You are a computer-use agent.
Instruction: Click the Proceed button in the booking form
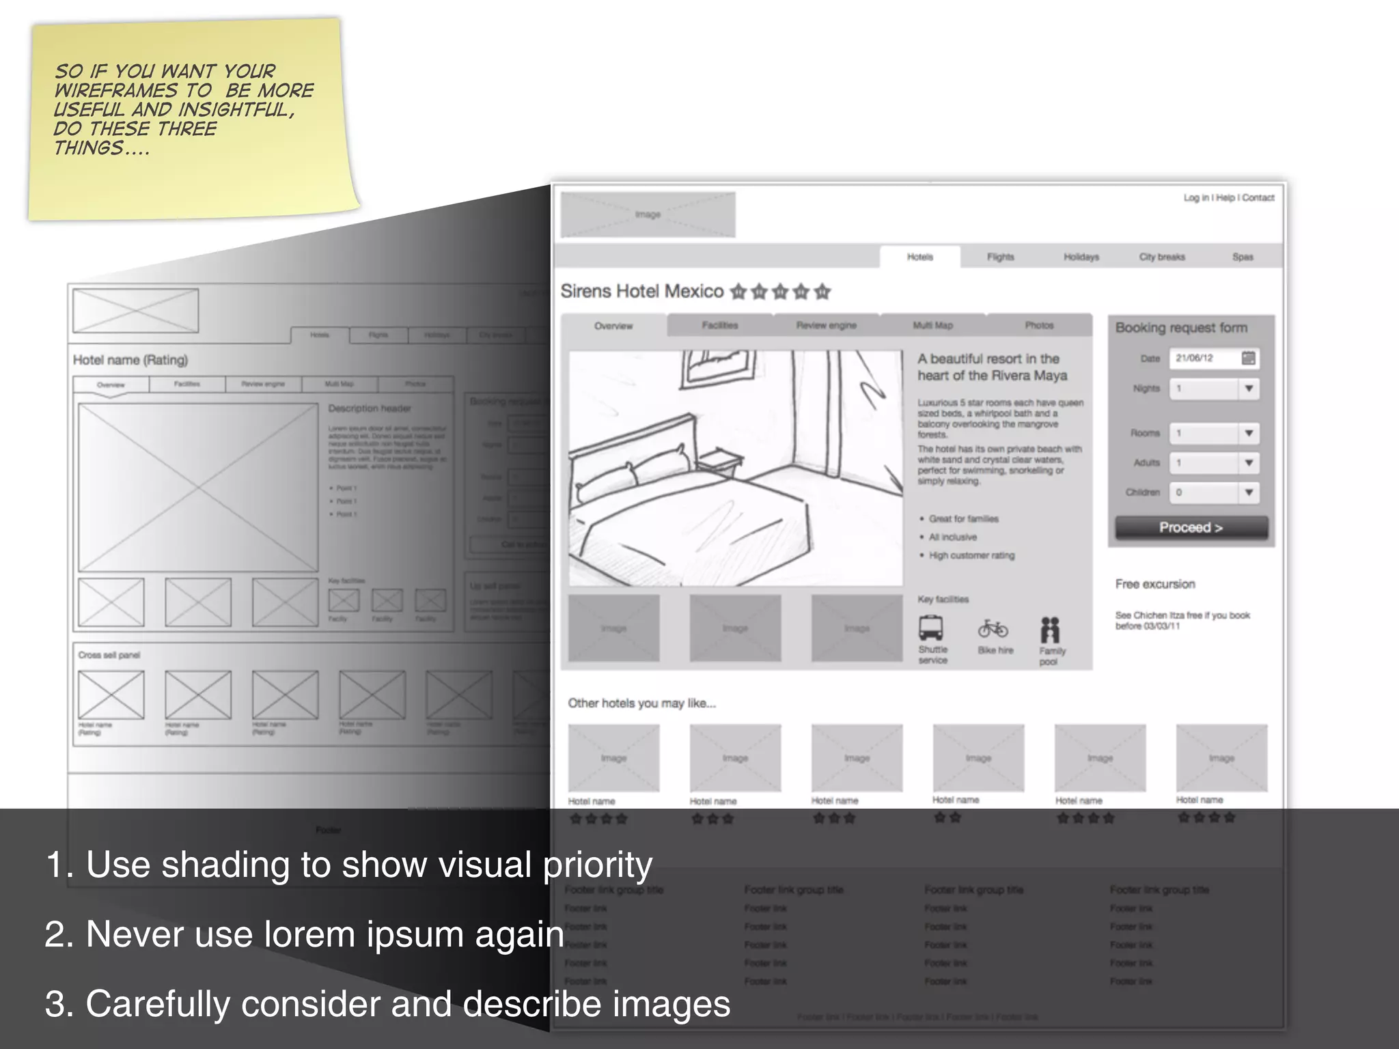1191,528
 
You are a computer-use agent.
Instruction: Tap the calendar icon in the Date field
1248,359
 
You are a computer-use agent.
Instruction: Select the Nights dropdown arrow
1249,389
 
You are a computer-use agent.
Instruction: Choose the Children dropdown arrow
1249,492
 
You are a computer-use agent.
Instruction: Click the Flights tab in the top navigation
1000,257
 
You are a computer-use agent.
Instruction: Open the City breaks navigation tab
1161,257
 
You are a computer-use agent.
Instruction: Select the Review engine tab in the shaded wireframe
826,326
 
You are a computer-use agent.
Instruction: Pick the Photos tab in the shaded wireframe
1038,326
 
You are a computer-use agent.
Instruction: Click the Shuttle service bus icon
931,628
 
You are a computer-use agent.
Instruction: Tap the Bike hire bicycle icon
993,628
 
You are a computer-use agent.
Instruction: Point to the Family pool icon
1050,630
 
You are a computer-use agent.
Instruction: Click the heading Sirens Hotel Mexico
641,292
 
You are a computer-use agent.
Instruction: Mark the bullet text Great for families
963,519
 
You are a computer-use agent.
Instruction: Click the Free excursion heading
1155,585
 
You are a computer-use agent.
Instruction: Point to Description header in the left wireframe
370,408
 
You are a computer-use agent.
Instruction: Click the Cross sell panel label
109,655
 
